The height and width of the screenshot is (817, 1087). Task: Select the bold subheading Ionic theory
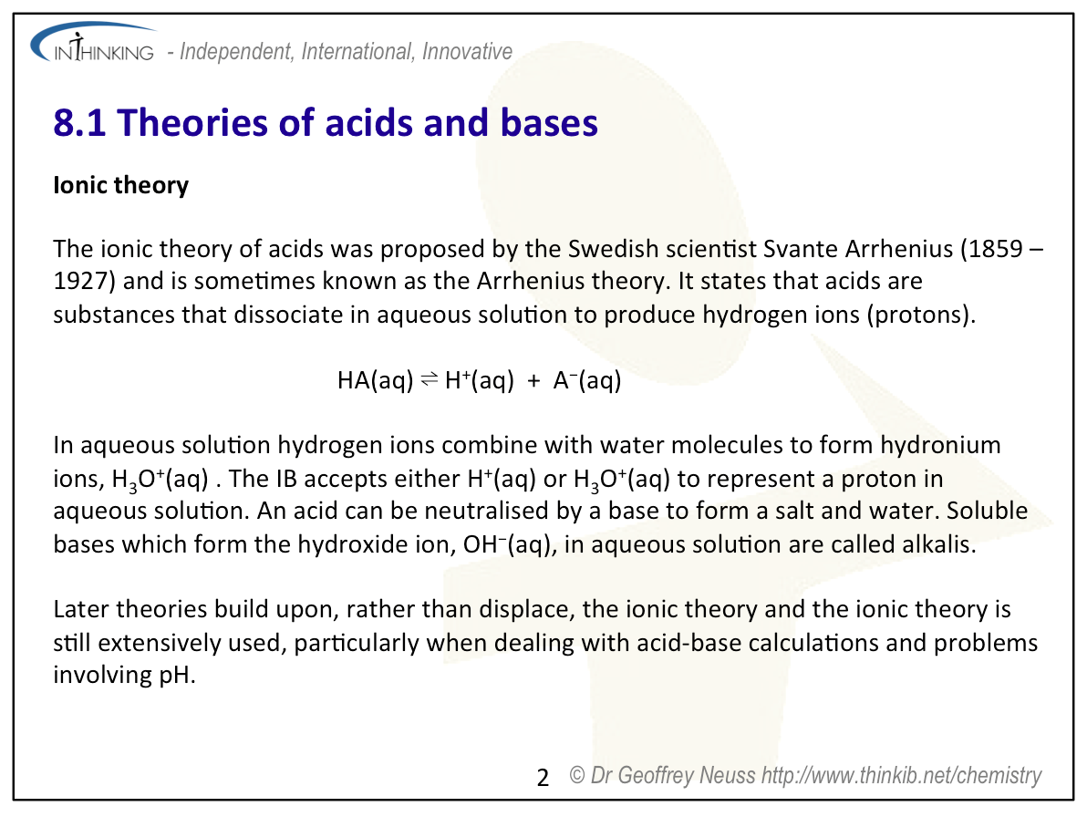pos(121,185)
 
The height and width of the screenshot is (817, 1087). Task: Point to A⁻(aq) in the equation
pos(586,380)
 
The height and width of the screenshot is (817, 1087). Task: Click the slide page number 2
pos(543,778)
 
